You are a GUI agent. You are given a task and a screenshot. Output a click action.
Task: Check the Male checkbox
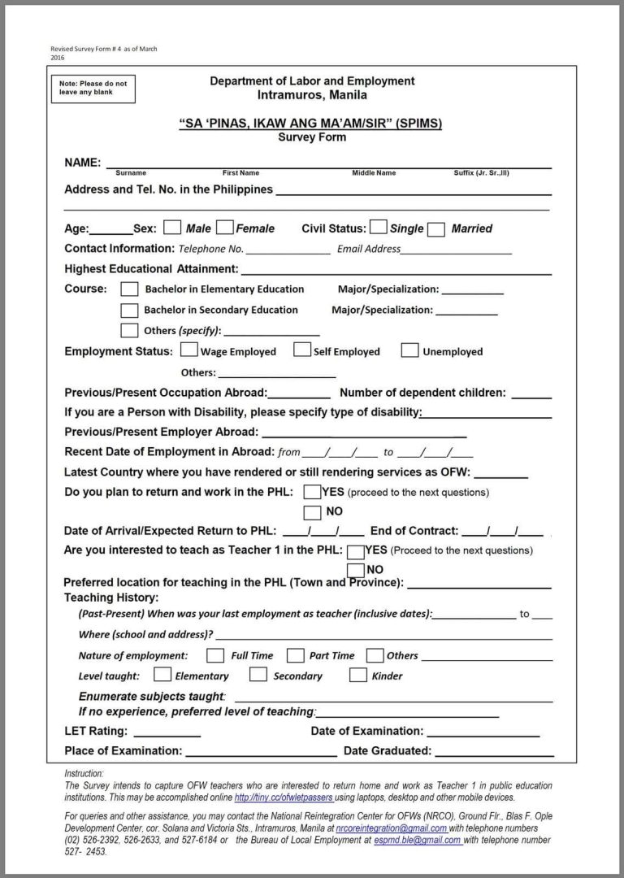[172, 228]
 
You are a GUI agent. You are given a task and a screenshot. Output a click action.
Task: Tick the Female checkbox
[225, 228]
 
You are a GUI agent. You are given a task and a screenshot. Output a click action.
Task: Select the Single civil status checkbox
[378, 228]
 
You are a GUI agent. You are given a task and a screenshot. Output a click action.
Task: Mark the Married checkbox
[436, 228]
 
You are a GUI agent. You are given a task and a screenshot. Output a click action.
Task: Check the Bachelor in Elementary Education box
[129, 289]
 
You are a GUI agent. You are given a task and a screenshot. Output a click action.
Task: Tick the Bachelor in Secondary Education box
[129, 310]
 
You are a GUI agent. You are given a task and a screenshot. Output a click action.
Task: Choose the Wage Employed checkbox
[189, 350]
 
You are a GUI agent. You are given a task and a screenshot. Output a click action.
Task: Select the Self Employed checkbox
[302, 350]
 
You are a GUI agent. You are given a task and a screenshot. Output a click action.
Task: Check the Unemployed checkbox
[410, 351]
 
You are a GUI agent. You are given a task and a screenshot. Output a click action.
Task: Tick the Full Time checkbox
[215, 654]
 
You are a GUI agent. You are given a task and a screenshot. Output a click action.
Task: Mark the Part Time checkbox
[296, 654]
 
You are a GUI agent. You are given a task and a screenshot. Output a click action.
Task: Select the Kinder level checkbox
[358, 675]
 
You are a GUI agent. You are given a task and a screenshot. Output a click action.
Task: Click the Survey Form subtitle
[312, 137]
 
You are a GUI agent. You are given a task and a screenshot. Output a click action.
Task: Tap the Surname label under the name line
[131, 173]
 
